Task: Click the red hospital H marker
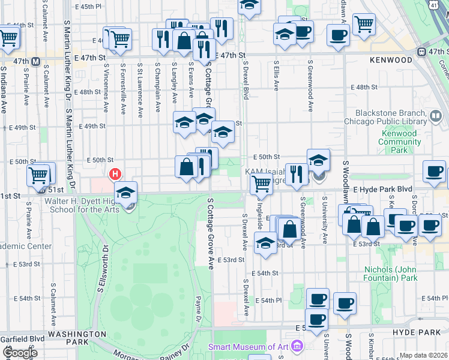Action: pos(115,175)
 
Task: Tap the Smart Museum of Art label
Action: pos(247,346)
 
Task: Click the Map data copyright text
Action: pos(423,355)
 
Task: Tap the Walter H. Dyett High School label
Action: pos(72,209)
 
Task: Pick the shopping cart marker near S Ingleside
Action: pos(261,183)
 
